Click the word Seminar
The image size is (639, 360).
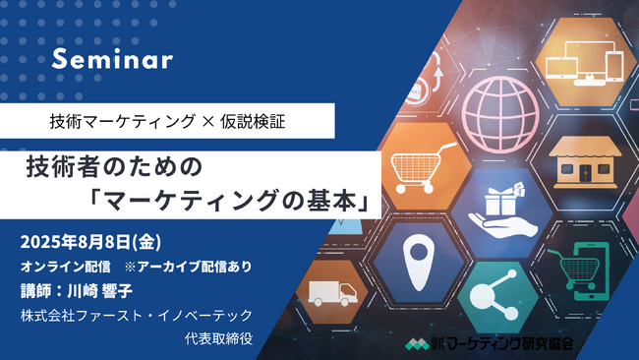point(112,60)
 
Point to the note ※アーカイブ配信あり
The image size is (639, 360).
point(187,267)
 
